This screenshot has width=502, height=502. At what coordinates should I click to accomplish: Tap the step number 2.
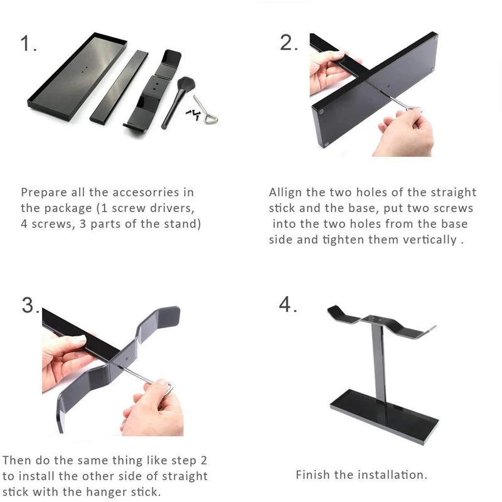pyautogui.click(x=289, y=43)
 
